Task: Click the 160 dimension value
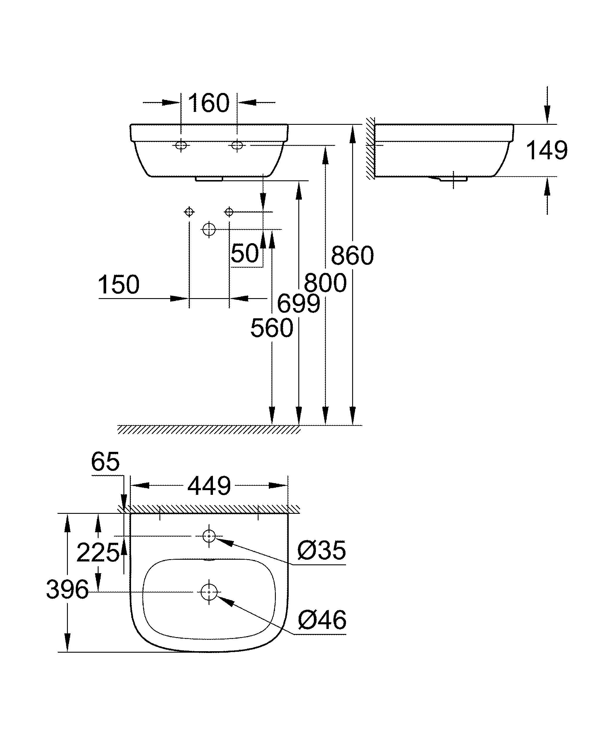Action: (x=209, y=103)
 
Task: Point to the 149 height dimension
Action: (x=546, y=151)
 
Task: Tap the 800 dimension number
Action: (x=325, y=283)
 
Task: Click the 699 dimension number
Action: (x=299, y=304)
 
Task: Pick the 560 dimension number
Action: (x=272, y=328)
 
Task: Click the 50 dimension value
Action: (x=245, y=253)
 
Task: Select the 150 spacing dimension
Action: (x=118, y=285)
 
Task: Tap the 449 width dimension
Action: (x=209, y=486)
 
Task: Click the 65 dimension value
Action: (x=105, y=462)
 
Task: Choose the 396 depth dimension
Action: (x=67, y=590)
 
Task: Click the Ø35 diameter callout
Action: (x=322, y=550)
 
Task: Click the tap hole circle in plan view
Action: (x=209, y=536)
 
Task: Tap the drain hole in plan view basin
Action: (x=209, y=592)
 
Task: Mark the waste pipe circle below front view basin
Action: (x=209, y=229)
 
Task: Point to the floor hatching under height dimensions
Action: (x=209, y=429)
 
